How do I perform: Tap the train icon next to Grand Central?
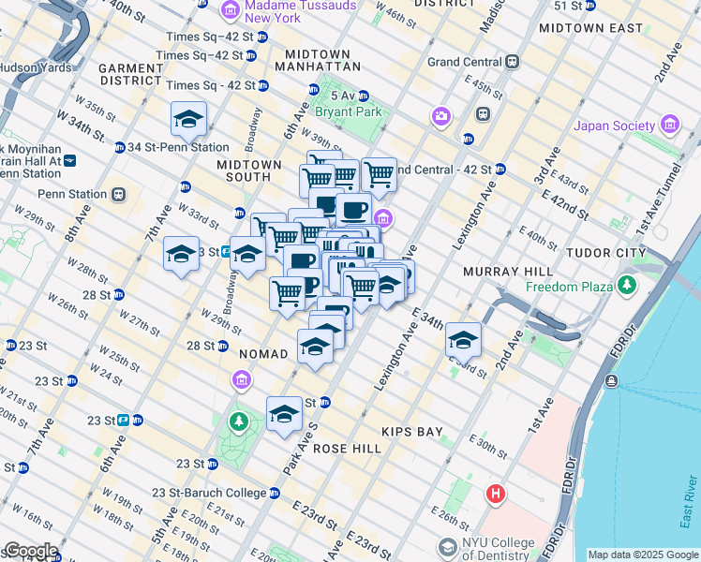pyautogui.click(x=512, y=62)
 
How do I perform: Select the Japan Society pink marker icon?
pyautogui.click(x=669, y=125)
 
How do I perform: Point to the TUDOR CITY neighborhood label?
pyautogui.click(x=605, y=253)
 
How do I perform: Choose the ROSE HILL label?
pyautogui.click(x=347, y=449)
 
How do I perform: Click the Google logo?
pyautogui.click(x=30, y=551)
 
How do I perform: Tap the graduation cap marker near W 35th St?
pyautogui.click(x=189, y=120)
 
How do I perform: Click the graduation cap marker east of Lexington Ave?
pyautogui.click(x=463, y=341)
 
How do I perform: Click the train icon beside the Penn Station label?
pyautogui.click(x=118, y=195)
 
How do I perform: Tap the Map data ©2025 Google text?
pyautogui.click(x=643, y=555)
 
